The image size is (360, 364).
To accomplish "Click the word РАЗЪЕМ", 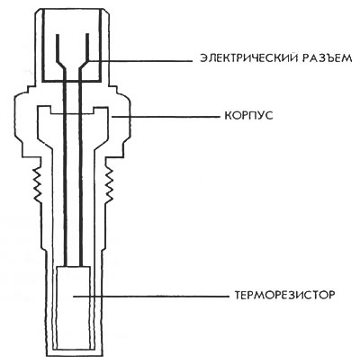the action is pos(325,58).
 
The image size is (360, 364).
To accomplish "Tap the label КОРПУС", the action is pos(248,115).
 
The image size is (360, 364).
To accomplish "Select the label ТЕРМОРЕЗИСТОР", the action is pos(283,295).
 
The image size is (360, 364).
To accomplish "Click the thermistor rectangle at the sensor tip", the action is pos(73,308).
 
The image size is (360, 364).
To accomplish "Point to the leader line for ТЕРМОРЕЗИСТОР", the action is pos(151,296).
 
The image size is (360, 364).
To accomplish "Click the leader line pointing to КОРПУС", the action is pos(166,117).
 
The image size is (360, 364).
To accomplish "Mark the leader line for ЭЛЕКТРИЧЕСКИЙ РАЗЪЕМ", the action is pos(139,60).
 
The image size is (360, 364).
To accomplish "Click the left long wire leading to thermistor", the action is pos(65,168).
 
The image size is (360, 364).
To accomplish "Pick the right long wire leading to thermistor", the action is pos(81,168).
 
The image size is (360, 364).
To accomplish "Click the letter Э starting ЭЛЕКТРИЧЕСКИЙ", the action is pos(204,58).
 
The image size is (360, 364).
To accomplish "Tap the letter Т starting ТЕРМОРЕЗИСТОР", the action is pos(238,295).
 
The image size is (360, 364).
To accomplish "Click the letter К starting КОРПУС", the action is pos(229,115).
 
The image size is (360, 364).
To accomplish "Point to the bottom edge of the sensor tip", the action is pos(74,356).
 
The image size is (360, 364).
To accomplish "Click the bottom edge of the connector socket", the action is pos(74,81).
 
